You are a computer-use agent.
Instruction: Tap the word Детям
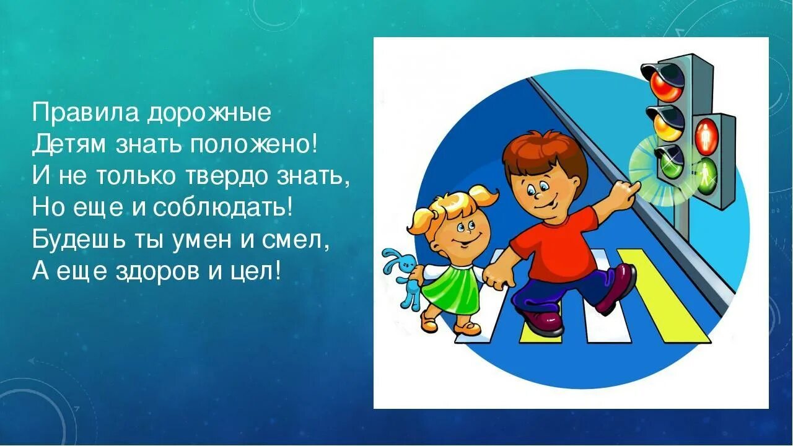pyautogui.click(x=68, y=146)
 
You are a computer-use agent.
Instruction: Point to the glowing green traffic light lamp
pyautogui.click(x=667, y=162)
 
